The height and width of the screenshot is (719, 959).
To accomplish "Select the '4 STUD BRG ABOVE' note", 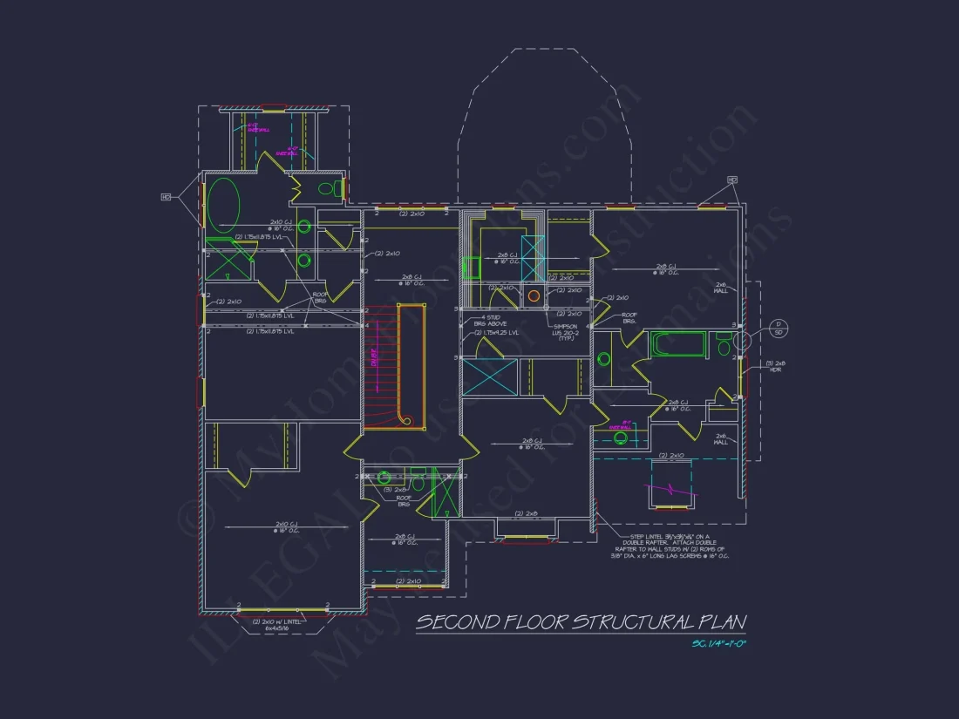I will [x=489, y=320].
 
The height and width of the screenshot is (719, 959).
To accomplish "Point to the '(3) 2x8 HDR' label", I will [x=775, y=366].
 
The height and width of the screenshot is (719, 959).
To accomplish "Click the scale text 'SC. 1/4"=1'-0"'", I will [x=719, y=644].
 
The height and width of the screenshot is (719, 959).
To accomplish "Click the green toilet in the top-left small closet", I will [x=326, y=188].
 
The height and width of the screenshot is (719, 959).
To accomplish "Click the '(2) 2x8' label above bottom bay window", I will [x=525, y=513].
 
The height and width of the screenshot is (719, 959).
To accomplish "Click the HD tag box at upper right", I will [x=732, y=180].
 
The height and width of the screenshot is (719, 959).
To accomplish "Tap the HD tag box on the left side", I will [x=165, y=197].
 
